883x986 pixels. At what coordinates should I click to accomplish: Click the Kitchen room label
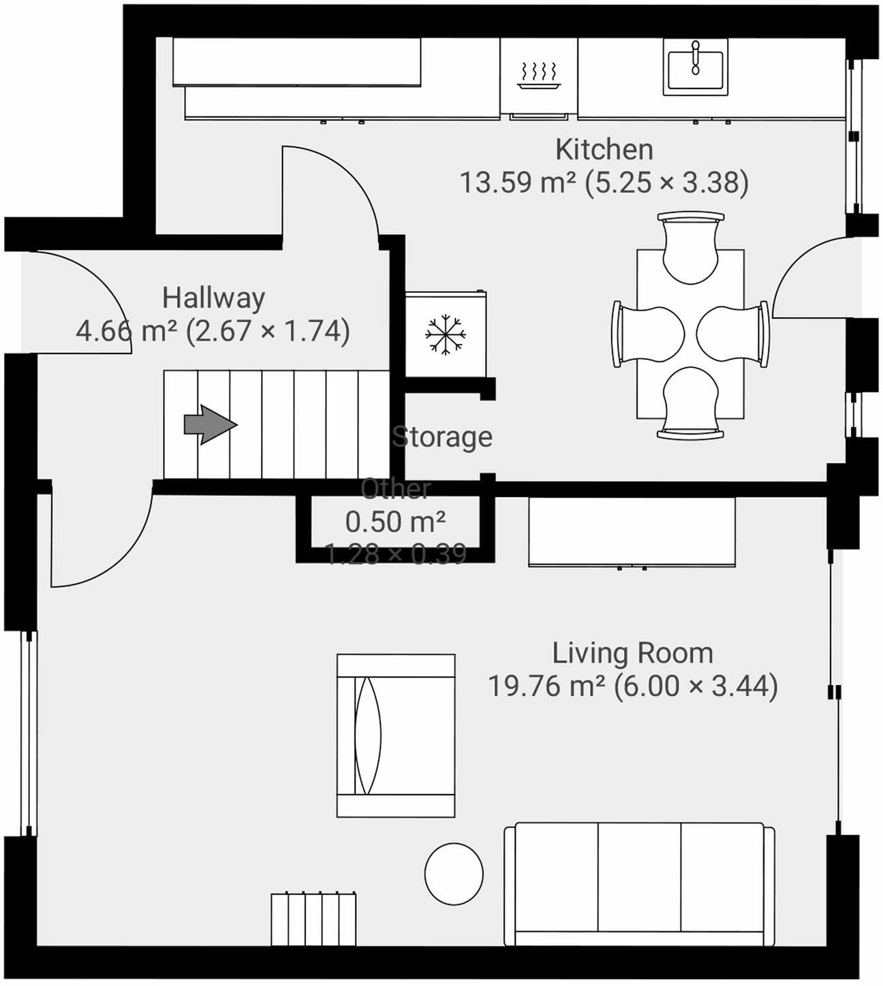click(604, 150)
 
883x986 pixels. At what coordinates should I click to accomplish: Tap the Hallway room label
click(213, 298)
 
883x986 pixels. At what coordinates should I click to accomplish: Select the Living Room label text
click(632, 654)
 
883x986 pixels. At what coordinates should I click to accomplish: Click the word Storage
click(442, 437)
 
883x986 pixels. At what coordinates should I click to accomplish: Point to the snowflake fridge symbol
click(446, 334)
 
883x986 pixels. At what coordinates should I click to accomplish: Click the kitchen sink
click(695, 67)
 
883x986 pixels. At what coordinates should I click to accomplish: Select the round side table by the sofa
click(454, 874)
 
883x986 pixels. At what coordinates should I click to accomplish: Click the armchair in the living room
click(395, 735)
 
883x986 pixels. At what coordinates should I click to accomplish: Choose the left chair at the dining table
click(647, 334)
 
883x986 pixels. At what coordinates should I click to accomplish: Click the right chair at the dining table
click(734, 334)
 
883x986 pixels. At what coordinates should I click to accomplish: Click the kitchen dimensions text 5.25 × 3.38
click(667, 183)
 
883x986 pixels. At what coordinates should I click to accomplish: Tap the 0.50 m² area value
click(395, 522)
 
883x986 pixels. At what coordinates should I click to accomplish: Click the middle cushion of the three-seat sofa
click(639, 877)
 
